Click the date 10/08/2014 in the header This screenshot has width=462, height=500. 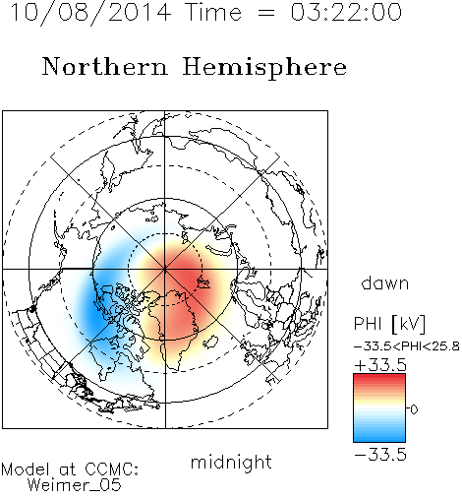coord(90,12)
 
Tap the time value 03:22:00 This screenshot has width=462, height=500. coord(346,12)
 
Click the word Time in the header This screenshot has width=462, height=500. coord(213,12)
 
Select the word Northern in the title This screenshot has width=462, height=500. coord(105,67)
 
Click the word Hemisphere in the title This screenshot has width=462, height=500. coord(264,68)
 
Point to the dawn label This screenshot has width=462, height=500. coord(385,282)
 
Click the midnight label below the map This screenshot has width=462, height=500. coord(231,463)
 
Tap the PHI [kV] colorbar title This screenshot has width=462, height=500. coord(390,324)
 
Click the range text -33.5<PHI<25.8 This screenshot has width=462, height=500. coord(407,346)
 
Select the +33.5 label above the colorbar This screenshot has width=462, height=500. coord(380,365)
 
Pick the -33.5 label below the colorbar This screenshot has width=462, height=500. coord(380,455)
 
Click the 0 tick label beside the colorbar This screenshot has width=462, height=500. coord(414,409)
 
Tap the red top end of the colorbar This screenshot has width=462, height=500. coord(379,377)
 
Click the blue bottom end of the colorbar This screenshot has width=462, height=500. coord(379,439)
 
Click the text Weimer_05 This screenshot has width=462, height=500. coord(75,484)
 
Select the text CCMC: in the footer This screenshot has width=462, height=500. coord(111,469)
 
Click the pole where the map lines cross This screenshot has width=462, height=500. coord(165,269)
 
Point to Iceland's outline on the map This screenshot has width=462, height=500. coord(211,342)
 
